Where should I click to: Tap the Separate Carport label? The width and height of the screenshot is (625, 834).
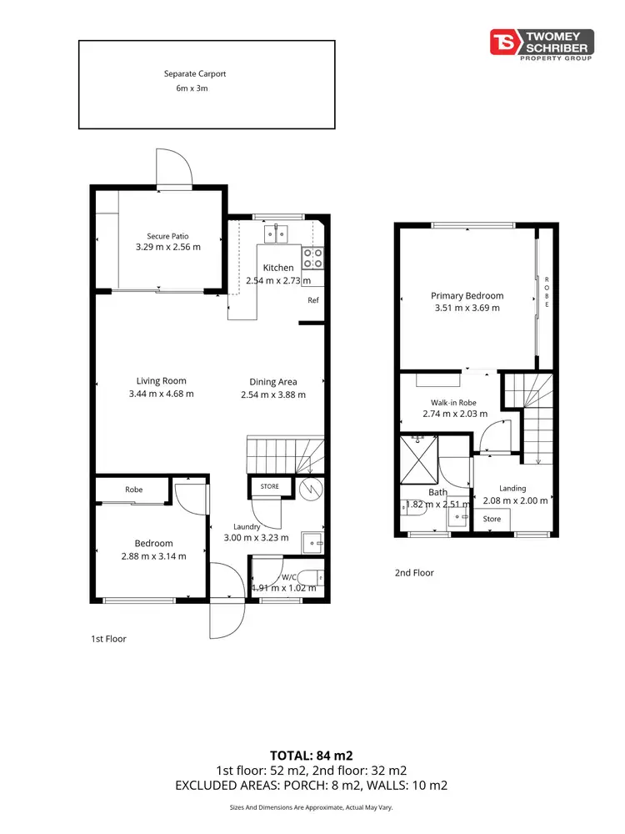194,73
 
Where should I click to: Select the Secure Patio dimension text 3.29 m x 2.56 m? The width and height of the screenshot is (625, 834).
168,248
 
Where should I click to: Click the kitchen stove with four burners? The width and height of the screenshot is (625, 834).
312,257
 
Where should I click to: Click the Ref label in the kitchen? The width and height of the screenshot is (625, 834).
313,300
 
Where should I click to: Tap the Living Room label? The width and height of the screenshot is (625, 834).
161,381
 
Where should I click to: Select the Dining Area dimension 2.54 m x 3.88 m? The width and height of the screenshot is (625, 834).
273,394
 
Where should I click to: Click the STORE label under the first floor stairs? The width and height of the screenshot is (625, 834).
270,486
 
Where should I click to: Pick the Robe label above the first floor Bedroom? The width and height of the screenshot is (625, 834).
134,490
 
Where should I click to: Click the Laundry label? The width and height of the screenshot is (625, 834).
247,526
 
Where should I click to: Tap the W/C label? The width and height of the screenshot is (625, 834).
289,576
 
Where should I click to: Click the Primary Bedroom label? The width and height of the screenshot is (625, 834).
467,295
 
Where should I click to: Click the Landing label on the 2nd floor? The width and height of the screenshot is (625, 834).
512,489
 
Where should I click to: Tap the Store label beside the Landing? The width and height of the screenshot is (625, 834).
492,519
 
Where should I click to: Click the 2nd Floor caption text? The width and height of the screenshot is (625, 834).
414,573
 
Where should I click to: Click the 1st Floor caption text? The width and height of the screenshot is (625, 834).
108,639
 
